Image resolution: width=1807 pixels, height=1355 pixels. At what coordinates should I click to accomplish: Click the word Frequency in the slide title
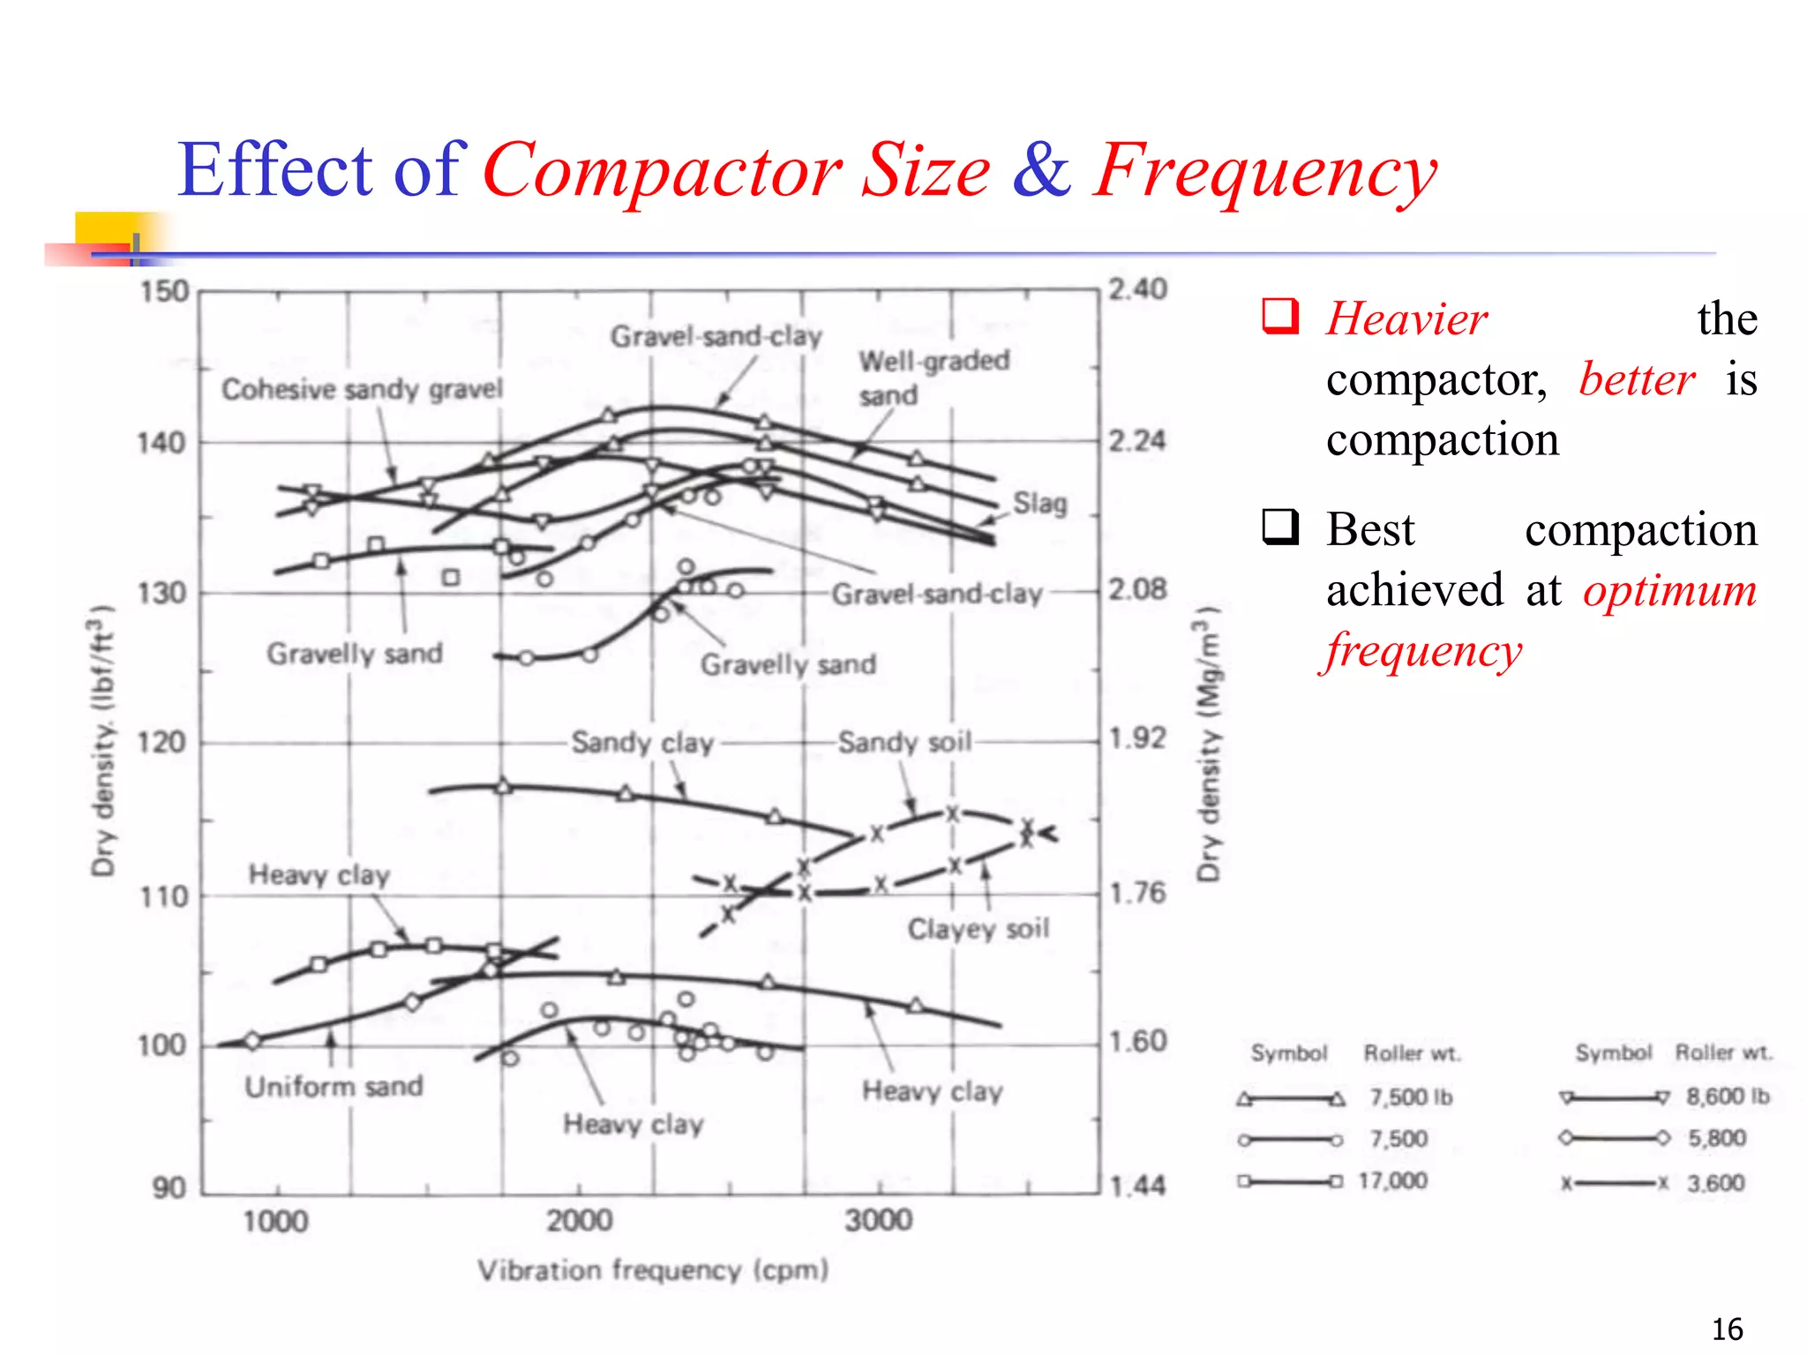tap(1264, 172)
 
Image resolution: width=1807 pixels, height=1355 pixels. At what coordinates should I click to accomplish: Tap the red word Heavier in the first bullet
tap(1407, 319)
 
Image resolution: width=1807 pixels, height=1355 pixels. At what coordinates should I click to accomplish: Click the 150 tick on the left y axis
tap(164, 292)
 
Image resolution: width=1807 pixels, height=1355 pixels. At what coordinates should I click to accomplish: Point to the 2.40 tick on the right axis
tap(1137, 289)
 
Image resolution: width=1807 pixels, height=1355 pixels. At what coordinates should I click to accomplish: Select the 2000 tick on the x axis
tap(579, 1221)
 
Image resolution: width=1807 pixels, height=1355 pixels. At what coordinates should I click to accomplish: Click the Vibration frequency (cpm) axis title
tap(653, 1270)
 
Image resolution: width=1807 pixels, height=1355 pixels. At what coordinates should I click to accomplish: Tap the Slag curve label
tap(1039, 504)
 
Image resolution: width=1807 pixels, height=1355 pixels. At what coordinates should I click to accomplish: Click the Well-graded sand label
tap(933, 377)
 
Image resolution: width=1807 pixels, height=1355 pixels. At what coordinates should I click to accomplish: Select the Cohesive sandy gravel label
tap(362, 389)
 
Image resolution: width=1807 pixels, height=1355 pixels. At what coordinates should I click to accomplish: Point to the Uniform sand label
tap(334, 1086)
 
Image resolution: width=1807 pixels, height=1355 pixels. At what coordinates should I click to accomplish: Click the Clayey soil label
tap(978, 929)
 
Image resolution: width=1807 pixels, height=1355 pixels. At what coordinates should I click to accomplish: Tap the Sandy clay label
tap(641, 743)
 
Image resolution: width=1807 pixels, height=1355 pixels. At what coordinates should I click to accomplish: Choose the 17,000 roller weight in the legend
tap(1392, 1181)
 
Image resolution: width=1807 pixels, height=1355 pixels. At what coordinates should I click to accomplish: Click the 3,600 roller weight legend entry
tap(1716, 1183)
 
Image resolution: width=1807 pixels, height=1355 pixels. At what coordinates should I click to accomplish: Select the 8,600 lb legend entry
tap(1728, 1097)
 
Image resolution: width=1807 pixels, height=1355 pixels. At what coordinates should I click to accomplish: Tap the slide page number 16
tap(1727, 1329)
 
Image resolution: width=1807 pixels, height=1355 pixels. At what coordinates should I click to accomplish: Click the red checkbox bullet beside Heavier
tap(1280, 317)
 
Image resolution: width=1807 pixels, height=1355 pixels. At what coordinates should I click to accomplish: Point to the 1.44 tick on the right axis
tap(1137, 1187)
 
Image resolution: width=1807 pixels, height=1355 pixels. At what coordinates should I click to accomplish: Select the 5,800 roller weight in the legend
tap(1717, 1138)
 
